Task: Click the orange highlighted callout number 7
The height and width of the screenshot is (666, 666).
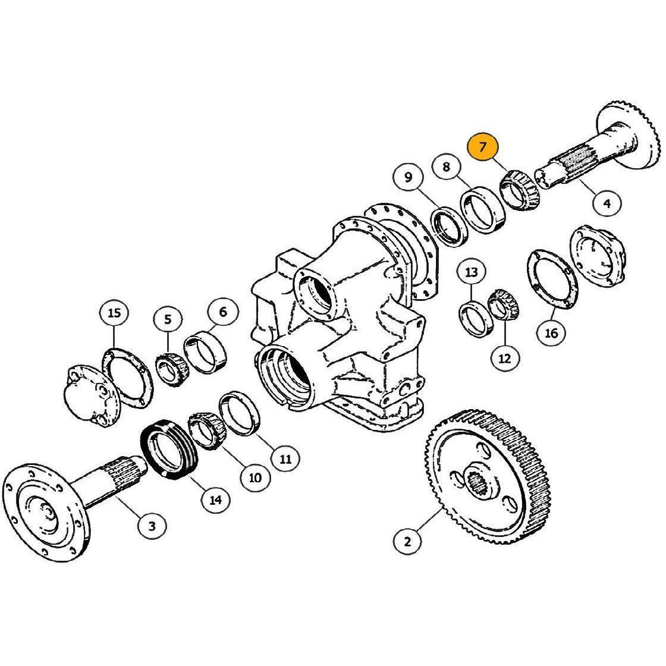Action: (x=482, y=147)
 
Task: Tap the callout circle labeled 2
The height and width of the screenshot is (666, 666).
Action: (x=407, y=542)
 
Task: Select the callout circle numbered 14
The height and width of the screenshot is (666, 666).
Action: (x=216, y=499)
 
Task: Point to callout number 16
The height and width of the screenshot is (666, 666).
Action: (x=551, y=332)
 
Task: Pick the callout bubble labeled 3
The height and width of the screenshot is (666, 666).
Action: (x=152, y=526)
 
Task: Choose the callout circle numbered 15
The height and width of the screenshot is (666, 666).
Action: (x=114, y=313)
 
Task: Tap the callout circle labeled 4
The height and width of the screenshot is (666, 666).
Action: (x=607, y=203)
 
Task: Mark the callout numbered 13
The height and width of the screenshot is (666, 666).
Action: (x=472, y=272)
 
